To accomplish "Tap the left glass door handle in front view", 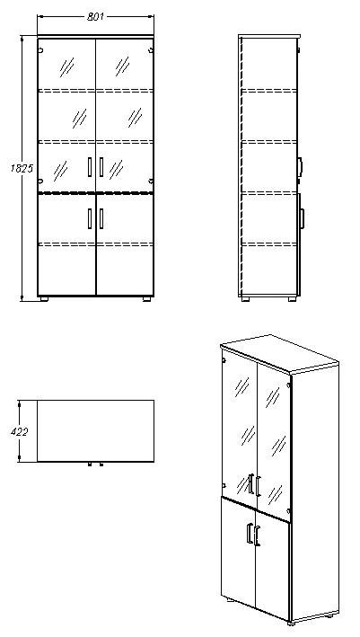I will tap(90, 166).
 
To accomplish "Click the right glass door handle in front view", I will tap(101, 166).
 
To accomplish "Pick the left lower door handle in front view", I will tap(90, 218).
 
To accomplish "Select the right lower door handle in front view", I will tap(101, 218).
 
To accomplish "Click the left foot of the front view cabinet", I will tap(45, 298).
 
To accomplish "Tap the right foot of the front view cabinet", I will tap(145, 298).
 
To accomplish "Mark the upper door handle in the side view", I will tap(301, 165).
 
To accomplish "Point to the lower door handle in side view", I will tap(303, 217).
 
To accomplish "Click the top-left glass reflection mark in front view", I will tap(66, 65).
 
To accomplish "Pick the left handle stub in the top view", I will tap(90, 464).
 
